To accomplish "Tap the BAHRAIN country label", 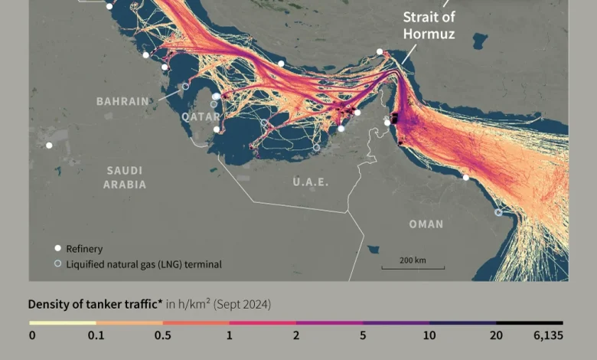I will [x=122, y=101].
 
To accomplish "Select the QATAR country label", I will [x=201, y=116].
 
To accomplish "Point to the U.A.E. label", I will [x=311, y=182].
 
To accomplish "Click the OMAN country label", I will [x=426, y=224].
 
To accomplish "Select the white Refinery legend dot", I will [x=57, y=248].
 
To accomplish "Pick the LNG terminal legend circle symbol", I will [x=57, y=264].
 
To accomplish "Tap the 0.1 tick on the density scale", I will [x=96, y=335].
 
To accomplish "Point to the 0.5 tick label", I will [x=162, y=335].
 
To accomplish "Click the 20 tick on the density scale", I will [x=496, y=335].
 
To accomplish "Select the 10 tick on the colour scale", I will [x=429, y=335].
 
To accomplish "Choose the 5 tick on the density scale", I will [x=363, y=335].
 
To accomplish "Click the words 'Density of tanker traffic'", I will [x=95, y=304].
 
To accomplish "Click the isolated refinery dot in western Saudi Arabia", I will [x=49, y=145].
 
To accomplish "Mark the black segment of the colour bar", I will [x=529, y=323].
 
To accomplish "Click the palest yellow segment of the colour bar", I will [x=62, y=323].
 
